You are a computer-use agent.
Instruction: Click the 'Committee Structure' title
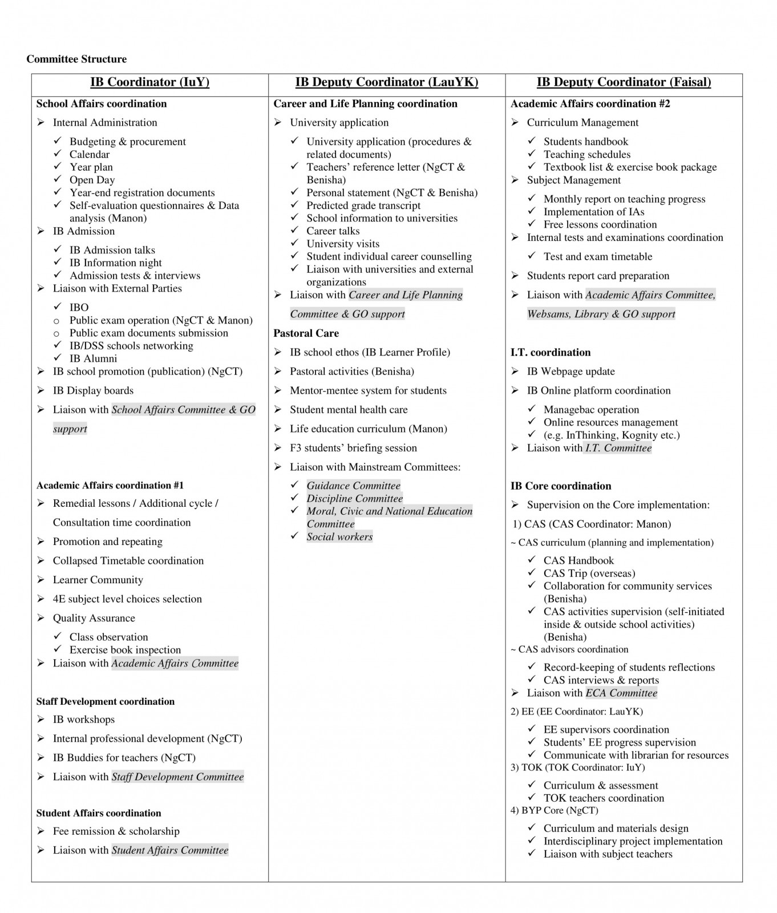tap(76, 59)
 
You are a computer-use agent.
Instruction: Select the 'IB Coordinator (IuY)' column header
tap(149, 82)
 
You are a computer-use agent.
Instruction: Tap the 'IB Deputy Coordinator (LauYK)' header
tap(386, 82)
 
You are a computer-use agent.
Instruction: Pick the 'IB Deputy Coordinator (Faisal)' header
tap(624, 82)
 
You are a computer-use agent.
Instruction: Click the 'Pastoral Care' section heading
tap(306, 333)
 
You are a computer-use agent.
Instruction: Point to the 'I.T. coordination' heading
tap(550, 353)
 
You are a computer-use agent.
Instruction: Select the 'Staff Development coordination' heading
tap(106, 702)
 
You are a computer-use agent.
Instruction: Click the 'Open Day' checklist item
tap(92, 180)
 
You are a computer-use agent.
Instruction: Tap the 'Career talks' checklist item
tap(333, 231)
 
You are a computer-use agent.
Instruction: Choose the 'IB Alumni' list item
tap(93, 359)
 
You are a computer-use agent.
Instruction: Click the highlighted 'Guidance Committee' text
tap(353, 486)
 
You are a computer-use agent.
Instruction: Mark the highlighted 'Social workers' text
tap(339, 537)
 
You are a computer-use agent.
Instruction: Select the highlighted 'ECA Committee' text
tap(621, 693)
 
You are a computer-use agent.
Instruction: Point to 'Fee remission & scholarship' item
tap(116, 831)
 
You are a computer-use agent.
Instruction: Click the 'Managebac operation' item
tap(591, 410)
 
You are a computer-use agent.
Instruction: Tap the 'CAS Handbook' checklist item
tap(578, 561)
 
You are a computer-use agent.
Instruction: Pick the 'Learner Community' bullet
tap(98, 580)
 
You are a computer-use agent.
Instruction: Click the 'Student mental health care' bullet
tap(349, 410)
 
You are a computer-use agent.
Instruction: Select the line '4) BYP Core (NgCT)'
tap(554, 811)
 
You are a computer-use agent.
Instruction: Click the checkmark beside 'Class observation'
tap(58, 636)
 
